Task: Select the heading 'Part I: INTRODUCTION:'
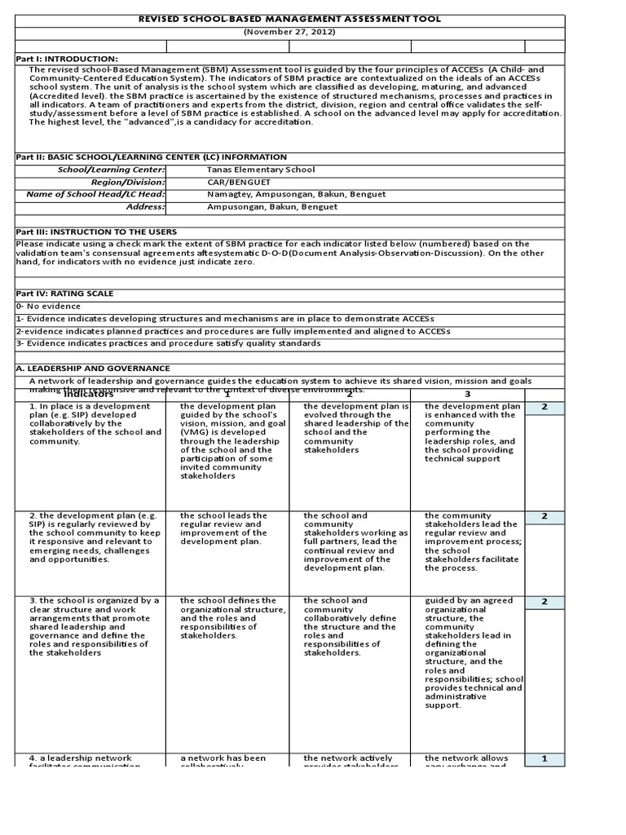[68, 59]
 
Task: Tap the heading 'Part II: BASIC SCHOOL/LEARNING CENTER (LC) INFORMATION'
[152, 157]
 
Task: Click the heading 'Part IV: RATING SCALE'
[65, 293]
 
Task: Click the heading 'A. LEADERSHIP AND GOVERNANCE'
[94, 369]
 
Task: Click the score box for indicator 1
[544, 407]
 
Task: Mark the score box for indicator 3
[544, 602]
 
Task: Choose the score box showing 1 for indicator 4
[544, 759]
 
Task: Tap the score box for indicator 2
[544, 517]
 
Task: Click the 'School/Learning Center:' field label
[111, 170]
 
